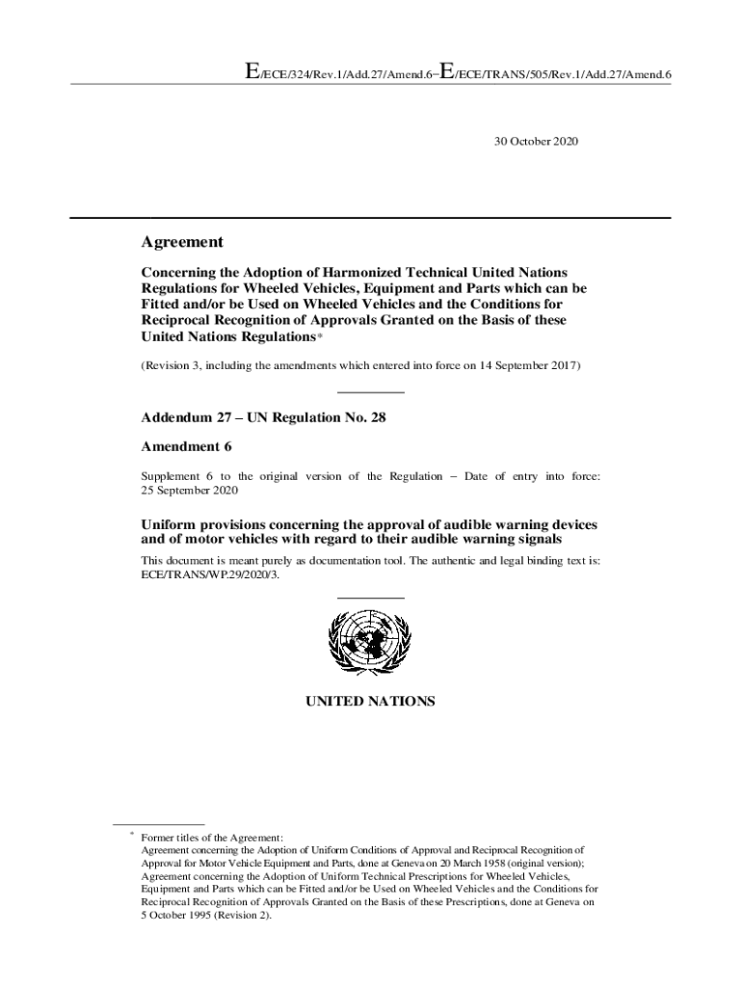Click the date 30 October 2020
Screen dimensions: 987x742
point(536,141)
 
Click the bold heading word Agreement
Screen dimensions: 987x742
point(182,243)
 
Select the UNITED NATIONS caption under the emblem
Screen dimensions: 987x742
point(370,702)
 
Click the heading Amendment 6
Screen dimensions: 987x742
point(186,447)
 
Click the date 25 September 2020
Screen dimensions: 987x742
point(189,491)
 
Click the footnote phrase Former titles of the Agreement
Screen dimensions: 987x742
point(212,838)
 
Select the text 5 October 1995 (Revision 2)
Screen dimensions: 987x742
point(206,917)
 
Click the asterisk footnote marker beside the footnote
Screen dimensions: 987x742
point(131,835)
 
